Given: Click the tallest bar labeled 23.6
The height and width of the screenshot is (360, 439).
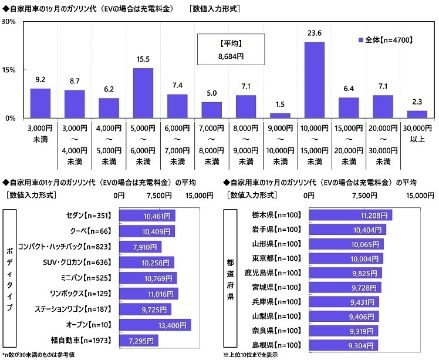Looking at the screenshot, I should (x=314, y=80).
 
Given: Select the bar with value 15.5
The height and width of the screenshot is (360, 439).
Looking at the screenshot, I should (x=143, y=93).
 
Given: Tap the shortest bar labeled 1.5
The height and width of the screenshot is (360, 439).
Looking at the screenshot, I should (x=280, y=115).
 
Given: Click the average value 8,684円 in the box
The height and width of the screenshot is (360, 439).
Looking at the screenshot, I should (x=231, y=57).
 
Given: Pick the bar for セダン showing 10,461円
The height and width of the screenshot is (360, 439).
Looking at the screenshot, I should (x=147, y=216).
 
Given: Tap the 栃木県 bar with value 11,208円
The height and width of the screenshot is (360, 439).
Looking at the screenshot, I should (x=350, y=216).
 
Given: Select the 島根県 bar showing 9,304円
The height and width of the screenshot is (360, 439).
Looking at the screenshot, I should (x=343, y=345).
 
